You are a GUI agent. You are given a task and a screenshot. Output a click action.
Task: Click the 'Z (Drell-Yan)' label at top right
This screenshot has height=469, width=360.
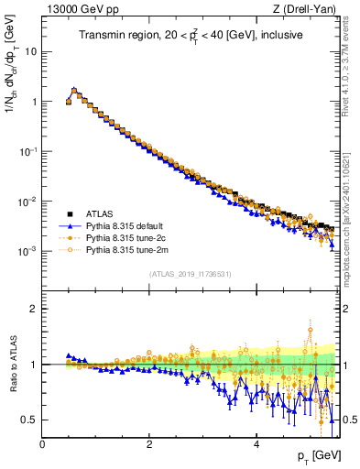[309, 9]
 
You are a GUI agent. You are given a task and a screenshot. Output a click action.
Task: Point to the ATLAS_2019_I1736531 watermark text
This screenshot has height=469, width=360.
[191, 274]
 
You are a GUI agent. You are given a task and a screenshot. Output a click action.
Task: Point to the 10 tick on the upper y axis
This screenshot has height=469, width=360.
[30, 51]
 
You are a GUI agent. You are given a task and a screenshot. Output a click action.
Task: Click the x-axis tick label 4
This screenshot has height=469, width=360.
[256, 442]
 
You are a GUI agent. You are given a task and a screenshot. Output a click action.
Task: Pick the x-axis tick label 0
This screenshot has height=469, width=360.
[43, 442]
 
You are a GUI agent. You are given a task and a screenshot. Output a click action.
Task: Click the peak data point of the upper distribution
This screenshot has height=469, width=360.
[74, 91]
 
